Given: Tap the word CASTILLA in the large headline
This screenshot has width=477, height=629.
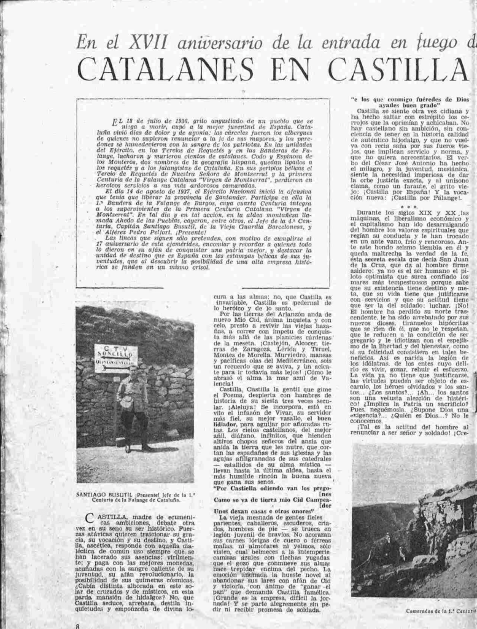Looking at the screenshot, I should pyautogui.click(x=400, y=69).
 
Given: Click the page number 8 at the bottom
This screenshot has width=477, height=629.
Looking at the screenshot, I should pyautogui.click(x=77, y=625).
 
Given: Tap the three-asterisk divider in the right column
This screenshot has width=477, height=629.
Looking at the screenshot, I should pyautogui.click(x=409, y=206).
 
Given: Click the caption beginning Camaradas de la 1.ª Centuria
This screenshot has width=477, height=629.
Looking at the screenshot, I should pyautogui.click(x=441, y=611).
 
